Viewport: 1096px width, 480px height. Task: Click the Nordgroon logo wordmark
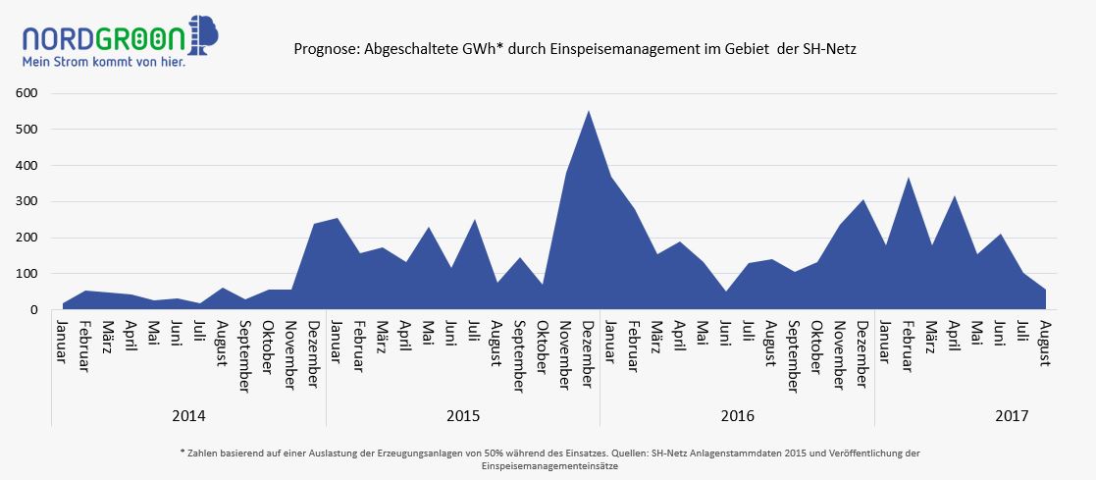pyautogui.click(x=105, y=38)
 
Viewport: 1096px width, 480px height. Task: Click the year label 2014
pyautogui.click(x=188, y=416)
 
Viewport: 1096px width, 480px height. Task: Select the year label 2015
pyautogui.click(x=462, y=416)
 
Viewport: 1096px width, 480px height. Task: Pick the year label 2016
pyautogui.click(x=737, y=416)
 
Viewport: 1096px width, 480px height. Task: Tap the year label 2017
pyautogui.click(x=1011, y=416)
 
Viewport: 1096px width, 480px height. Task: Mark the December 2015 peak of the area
pyautogui.click(x=588, y=111)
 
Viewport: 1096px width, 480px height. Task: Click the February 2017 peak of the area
pyautogui.click(x=908, y=178)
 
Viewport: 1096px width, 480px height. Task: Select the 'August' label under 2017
pyautogui.click(x=1046, y=344)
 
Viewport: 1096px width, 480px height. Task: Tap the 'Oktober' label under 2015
pyautogui.click(x=542, y=347)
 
